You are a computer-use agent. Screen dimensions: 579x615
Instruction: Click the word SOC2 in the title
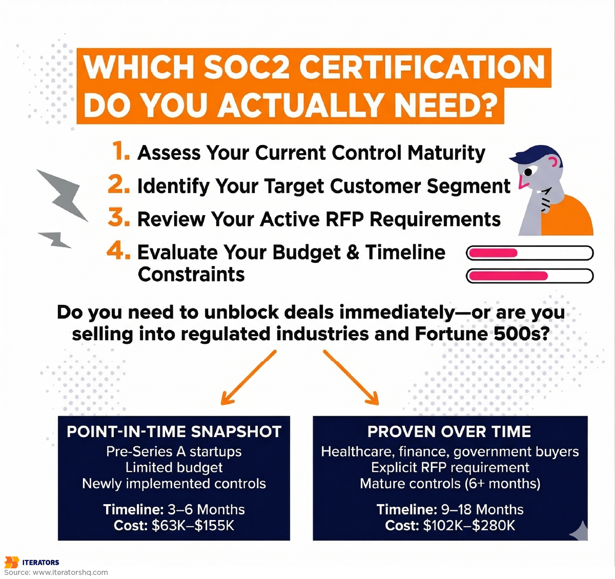click(246, 67)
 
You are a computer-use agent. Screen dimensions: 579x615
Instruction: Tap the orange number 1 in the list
click(120, 152)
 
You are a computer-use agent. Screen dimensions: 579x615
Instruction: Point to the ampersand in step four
click(353, 253)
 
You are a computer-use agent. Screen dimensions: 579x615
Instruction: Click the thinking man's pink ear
click(553, 163)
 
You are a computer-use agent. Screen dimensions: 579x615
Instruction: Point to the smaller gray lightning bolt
click(55, 239)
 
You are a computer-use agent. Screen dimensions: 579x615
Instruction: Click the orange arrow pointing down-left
click(248, 377)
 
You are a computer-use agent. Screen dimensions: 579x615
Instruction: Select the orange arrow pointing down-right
click(352, 377)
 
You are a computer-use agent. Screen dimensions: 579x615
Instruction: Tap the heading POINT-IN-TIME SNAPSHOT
click(174, 432)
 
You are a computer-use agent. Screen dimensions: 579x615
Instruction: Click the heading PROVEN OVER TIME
click(449, 432)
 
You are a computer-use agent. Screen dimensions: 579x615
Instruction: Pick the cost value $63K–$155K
click(193, 526)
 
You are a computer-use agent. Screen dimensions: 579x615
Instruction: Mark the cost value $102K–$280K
click(469, 526)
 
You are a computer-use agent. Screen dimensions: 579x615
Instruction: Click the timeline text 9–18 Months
click(482, 509)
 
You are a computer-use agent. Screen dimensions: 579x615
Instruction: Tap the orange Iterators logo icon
click(11, 562)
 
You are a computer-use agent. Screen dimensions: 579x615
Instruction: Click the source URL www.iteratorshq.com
click(70, 572)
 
